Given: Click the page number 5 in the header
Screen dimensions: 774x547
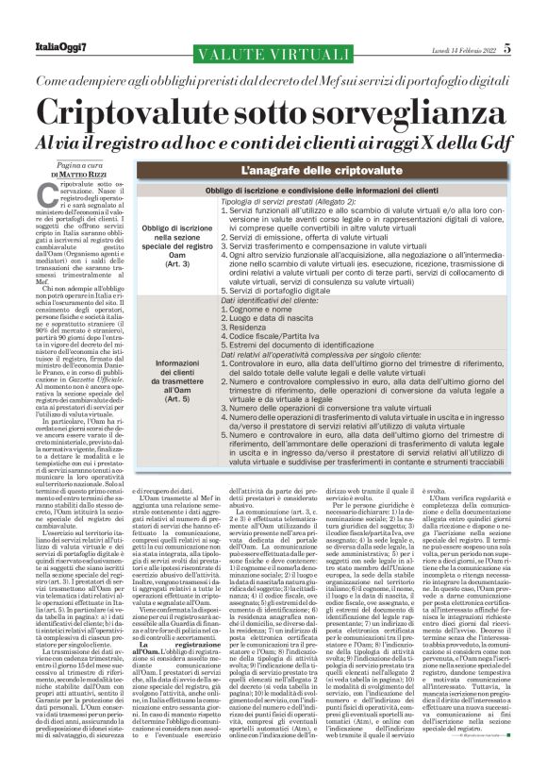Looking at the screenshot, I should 507,47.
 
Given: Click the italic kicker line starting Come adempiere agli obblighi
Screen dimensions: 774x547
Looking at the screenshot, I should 273,83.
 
